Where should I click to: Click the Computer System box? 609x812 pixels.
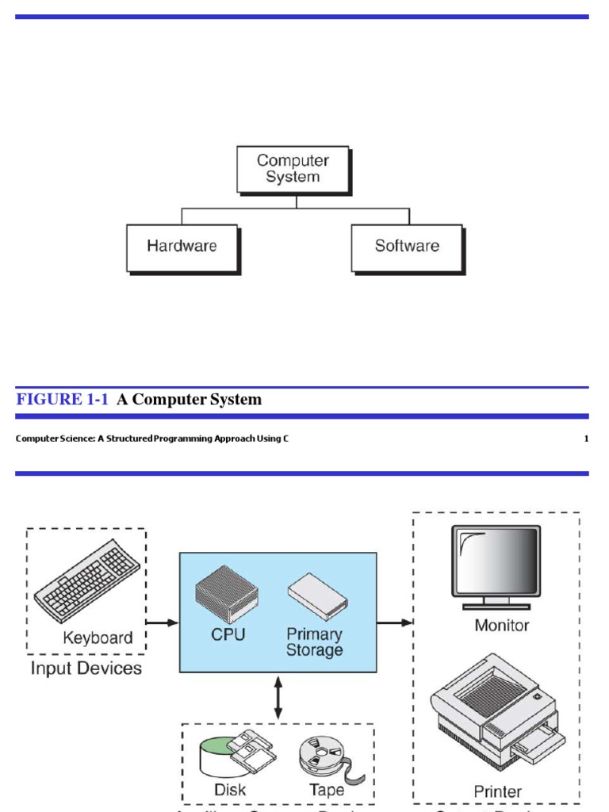293,169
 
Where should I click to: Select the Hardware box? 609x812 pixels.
182,247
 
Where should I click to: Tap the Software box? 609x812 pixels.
407,247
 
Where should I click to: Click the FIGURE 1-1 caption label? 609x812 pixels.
62,400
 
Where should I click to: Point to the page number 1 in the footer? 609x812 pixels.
586,439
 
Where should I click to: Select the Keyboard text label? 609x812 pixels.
98,638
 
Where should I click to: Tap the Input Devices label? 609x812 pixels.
86,668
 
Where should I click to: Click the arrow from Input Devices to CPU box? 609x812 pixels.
163,622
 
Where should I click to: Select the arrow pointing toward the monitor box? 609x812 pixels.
394,622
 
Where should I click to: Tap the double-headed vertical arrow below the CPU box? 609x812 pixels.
278,698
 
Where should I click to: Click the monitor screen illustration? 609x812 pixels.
496,561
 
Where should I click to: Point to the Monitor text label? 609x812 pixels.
501,626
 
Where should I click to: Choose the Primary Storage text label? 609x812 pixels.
314,642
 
